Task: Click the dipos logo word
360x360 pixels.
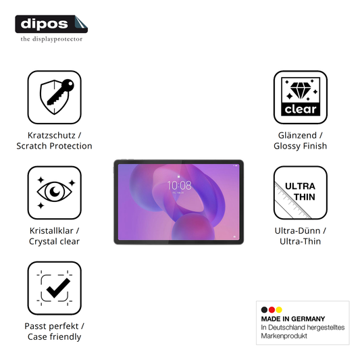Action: pyautogui.click(x=45, y=24)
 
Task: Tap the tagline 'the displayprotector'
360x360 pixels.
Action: pyautogui.click(x=51, y=39)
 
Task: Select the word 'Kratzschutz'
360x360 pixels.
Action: pyautogui.click(x=51, y=136)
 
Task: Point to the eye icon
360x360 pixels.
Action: pyautogui.click(x=55, y=191)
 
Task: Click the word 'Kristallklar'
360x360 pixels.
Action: pyautogui.click(x=51, y=231)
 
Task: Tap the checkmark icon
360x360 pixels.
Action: pyautogui.click(x=58, y=288)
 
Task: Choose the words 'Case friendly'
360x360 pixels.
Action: pyautogui.click(x=55, y=337)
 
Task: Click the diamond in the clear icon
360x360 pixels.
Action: pyautogui.click(x=301, y=90)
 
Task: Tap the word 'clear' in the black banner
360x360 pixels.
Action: pyautogui.click(x=301, y=109)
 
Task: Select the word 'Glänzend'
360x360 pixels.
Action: pyautogui.click(x=297, y=136)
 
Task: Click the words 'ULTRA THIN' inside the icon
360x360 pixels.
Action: pyautogui.click(x=301, y=191)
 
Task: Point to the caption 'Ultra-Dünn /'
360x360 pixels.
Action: pyautogui.click(x=301, y=231)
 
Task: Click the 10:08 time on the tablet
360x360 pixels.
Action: pyautogui.click(x=179, y=185)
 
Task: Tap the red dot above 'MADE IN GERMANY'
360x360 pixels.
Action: pyautogui.click(x=272, y=310)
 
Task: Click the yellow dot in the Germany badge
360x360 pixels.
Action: pyautogui.click(x=279, y=310)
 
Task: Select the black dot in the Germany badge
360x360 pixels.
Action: pyautogui.click(x=264, y=310)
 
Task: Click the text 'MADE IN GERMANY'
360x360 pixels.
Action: pyautogui.click(x=293, y=319)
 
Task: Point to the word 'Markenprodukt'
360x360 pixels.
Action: pyautogui.click(x=284, y=336)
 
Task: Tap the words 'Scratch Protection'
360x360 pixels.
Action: pyautogui.click(x=55, y=146)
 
